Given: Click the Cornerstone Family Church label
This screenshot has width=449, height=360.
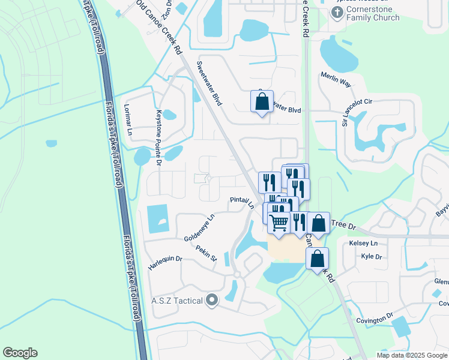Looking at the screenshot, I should (x=373, y=13).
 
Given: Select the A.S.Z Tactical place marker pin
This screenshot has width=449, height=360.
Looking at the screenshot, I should (x=211, y=300).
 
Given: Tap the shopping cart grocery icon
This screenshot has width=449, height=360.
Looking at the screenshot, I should (x=279, y=223).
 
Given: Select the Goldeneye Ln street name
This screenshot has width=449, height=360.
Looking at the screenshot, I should (x=199, y=228).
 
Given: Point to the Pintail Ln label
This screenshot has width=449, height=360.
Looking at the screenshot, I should (x=243, y=202).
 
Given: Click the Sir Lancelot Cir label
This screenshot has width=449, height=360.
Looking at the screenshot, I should (x=357, y=113).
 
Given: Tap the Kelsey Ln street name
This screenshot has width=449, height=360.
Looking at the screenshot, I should (x=363, y=243).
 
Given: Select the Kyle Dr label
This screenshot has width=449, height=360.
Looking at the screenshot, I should (x=372, y=256).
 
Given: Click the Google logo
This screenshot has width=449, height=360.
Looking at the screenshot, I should (x=20, y=353).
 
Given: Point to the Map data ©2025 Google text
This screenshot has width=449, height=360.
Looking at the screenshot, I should (x=411, y=355).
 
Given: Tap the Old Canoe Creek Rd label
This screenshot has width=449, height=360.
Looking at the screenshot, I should (x=159, y=27).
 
